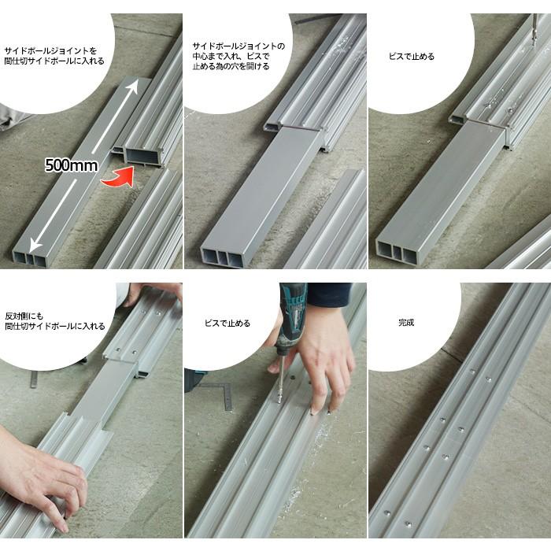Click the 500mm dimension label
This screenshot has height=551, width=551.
pos(72,165)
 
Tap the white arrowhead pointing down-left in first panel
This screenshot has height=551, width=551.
pos(35,244)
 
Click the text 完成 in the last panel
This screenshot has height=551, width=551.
pos(406,322)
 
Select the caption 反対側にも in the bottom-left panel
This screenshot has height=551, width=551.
pos(24,316)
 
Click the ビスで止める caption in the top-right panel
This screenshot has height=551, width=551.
pos(412,57)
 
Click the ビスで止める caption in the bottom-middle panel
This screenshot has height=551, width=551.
pos(227,324)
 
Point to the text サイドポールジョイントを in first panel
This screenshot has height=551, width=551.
pos(50,50)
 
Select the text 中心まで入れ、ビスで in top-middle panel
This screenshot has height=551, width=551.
pos(231,56)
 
